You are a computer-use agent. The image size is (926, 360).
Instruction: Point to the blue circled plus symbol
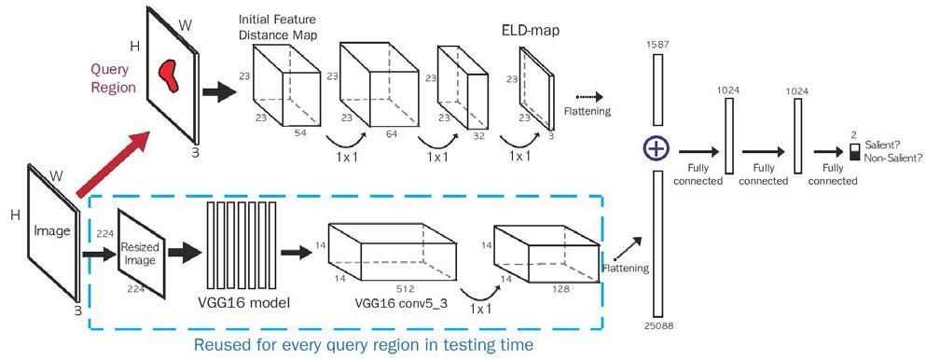point(656,147)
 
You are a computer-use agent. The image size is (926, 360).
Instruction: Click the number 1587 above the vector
point(656,43)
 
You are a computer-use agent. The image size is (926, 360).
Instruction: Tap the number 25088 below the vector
point(656,326)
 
